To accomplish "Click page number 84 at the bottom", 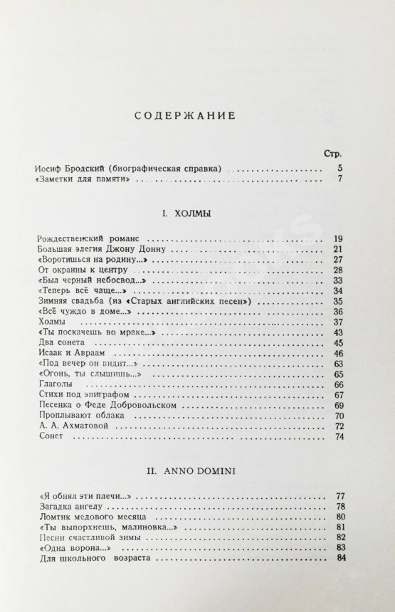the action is (x=341, y=559).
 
